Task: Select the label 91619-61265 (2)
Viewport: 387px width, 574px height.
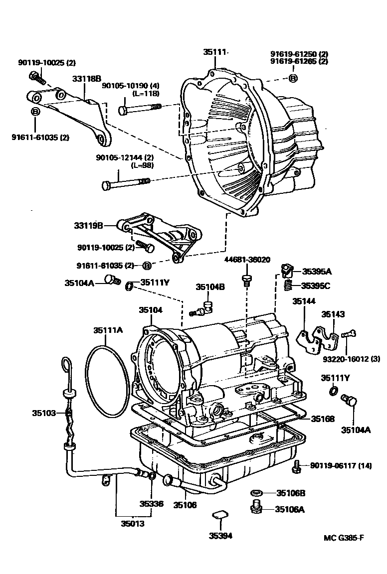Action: tap(299, 61)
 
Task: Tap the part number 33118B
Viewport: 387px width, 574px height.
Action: tap(86, 79)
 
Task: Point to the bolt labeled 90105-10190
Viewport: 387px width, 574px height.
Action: tap(138, 108)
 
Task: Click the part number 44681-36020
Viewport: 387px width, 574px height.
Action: tap(247, 260)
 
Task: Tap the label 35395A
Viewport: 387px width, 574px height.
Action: tap(317, 272)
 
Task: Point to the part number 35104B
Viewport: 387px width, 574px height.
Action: tap(210, 287)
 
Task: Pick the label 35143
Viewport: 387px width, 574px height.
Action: tap(333, 314)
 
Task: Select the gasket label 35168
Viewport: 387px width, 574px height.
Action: tap(323, 419)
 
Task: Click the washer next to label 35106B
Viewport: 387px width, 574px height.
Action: tap(256, 493)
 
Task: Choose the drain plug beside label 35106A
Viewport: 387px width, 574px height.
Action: tap(256, 508)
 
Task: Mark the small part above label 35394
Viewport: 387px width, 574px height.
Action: tap(219, 515)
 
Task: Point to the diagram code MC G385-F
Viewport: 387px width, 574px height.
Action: tap(344, 538)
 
